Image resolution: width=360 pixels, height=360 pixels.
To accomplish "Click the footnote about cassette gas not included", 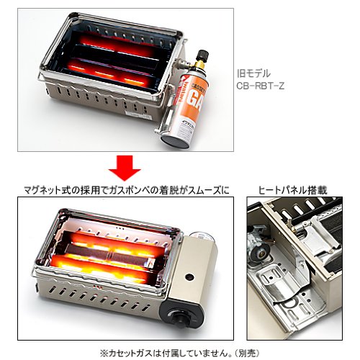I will click(180, 353).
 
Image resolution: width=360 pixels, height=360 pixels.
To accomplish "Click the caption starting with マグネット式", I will click(126, 191).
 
